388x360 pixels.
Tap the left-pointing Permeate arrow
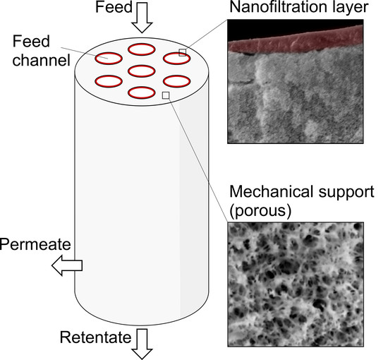[68, 265]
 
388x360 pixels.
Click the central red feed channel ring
[142, 71]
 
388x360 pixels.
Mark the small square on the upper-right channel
[182, 52]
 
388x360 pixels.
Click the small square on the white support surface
[166, 95]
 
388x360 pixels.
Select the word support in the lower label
[346, 193]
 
